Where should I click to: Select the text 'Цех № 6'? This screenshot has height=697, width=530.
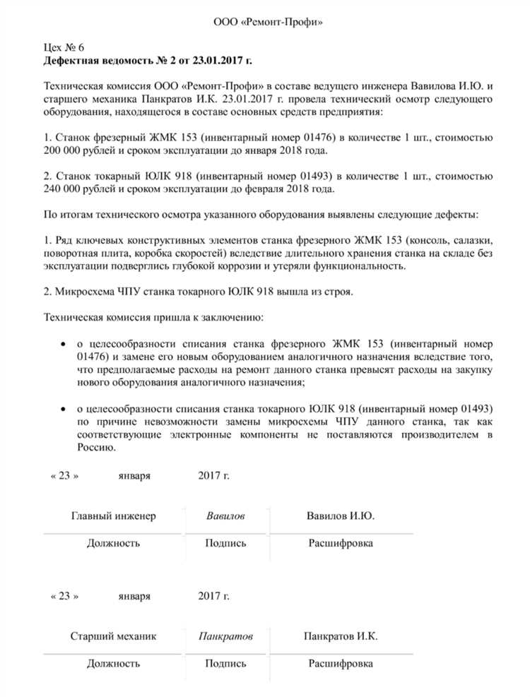pyautogui.click(x=64, y=48)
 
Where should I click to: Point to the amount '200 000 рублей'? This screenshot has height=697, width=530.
pyautogui.click(x=76, y=151)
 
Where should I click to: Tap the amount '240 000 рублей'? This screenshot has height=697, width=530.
pyautogui.click(x=76, y=189)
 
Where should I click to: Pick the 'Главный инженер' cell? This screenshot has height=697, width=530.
pyautogui.click(x=113, y=516)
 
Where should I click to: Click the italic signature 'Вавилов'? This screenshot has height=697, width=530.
pyautogui.click(x=225, y=516)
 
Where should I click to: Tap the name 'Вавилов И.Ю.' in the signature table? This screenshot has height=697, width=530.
pyautogui.click(x=340, y=516)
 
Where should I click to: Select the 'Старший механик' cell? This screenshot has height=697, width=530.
pyautogui.click(x=113, y=636)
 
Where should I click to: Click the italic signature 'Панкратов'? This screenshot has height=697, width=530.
pyautogui.click(x=225, y=636)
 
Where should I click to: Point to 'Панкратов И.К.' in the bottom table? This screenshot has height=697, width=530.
pyautogui.click(x=340, y=636)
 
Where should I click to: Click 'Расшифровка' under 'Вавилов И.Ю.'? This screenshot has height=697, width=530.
pyautogui.click(x=340, y=543)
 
